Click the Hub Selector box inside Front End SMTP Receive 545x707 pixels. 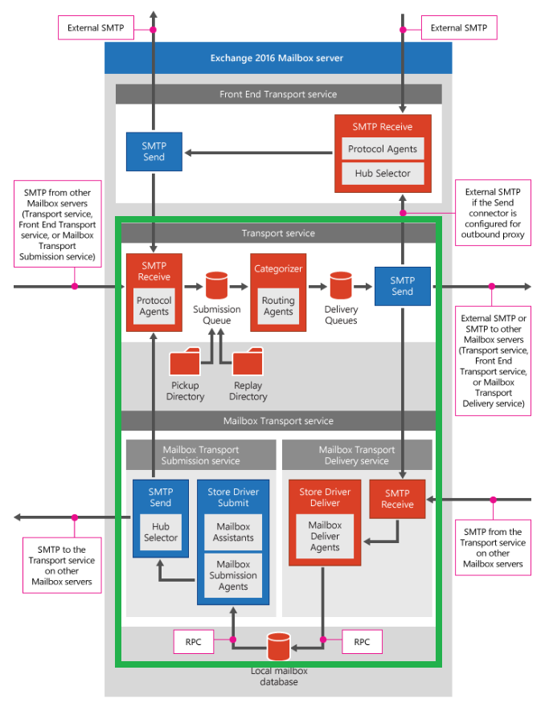pos(383,174)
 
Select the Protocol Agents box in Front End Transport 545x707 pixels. pos(383,149)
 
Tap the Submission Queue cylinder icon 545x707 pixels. pos(216,285)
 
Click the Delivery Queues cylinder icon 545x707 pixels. pos(341,285)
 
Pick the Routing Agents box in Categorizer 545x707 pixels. pos(278,306)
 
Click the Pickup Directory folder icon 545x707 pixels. pos(185,362)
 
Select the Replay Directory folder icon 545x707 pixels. pos(248,362)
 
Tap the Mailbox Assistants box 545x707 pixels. pos(233,532)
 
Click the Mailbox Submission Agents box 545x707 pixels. pos(233,575)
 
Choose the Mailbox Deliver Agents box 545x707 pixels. pos(325,536)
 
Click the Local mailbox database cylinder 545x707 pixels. pos(278,647)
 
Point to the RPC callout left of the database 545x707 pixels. pos(194,642)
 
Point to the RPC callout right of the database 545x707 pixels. pos(362,642)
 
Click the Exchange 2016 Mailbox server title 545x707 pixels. pos(277,58)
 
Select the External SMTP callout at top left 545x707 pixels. pos(96,28)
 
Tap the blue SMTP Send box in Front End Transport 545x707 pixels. pos(154,152)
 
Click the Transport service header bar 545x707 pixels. pos(278,233)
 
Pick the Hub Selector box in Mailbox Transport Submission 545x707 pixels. pos(161,532)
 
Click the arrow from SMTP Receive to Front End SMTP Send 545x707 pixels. pos(259,153)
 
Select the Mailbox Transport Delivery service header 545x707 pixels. pos(357,455)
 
